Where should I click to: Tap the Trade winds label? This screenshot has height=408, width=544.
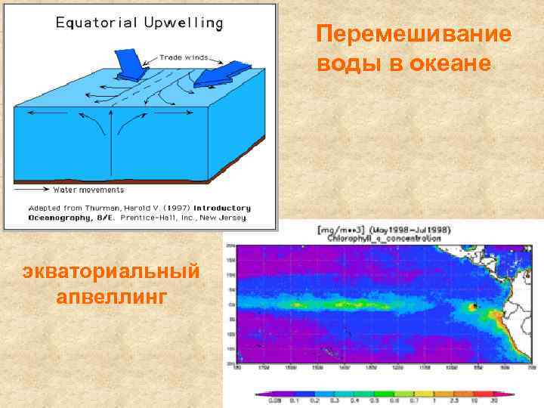tap(184, 57)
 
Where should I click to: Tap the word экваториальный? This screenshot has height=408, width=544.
tap(110, 270)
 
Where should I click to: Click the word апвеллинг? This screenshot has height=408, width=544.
tap(110, 295)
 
